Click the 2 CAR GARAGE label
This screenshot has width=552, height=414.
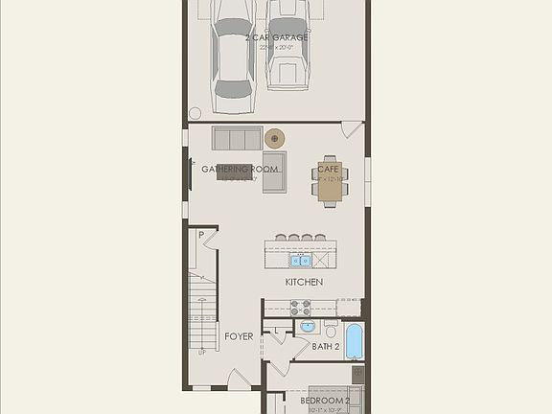(276, 37)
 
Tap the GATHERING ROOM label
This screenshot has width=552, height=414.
(241, 170)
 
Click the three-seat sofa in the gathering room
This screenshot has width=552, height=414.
(237, 138)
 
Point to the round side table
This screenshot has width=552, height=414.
(275, 138)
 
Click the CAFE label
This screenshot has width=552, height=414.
(329, 170)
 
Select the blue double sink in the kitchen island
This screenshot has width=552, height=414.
(301, 259)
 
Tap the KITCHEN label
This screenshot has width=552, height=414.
(304, 282)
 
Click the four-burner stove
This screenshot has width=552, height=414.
(300, 308)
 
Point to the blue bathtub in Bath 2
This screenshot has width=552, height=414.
(354, 340)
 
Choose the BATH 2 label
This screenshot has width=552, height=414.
(326, 346)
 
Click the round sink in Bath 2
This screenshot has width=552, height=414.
(307, 327)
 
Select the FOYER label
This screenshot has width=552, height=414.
(239, 336)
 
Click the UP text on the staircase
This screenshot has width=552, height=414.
(201, 353)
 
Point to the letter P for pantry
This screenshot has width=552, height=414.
(202, 235)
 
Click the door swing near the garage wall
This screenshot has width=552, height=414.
(352, 128)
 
